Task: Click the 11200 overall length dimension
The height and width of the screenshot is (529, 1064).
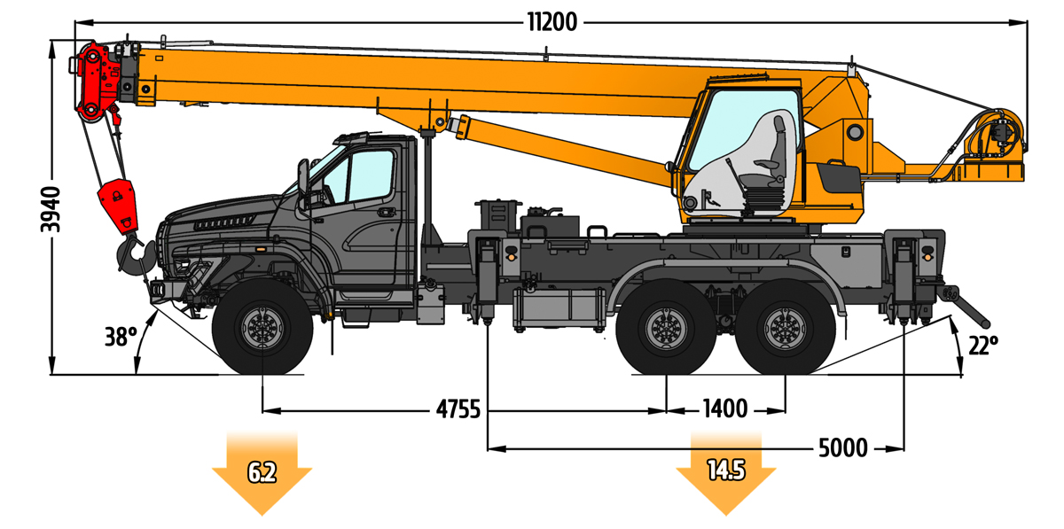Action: [552, 23]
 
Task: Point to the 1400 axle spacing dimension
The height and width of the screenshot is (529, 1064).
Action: [724, 409]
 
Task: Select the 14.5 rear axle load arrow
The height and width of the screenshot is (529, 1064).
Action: [725, 471]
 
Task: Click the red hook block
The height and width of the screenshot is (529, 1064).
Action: [118, 204]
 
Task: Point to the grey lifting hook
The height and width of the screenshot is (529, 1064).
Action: [131, 253]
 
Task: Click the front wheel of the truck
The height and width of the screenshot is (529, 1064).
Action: [262, 329]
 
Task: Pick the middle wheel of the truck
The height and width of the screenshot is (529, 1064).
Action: [665, 329]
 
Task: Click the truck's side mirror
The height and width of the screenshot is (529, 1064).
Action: [303, 176]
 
